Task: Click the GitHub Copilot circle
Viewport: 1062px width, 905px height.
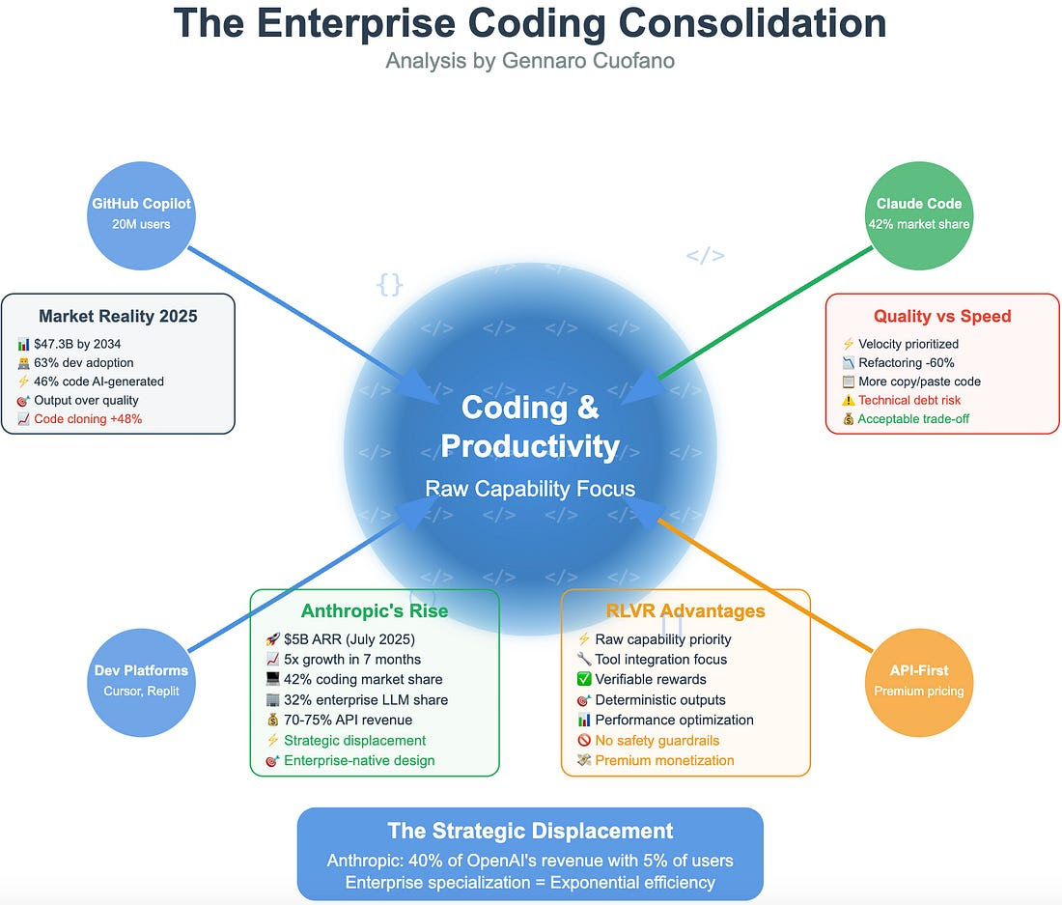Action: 141,215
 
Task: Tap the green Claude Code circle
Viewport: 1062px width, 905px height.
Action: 919,215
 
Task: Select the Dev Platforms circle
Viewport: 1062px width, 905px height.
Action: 141,682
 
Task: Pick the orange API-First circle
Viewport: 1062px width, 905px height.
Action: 919,682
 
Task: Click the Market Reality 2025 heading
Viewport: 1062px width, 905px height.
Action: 118,317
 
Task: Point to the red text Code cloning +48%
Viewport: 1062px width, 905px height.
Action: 88,419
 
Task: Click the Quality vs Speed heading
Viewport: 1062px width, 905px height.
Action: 942,317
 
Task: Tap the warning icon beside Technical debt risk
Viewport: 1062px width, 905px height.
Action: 848,400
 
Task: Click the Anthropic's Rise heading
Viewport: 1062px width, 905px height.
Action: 375,611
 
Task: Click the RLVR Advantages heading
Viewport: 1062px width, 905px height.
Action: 685,611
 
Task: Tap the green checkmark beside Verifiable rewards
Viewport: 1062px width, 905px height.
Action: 584,679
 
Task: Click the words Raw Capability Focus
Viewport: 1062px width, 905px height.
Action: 530,489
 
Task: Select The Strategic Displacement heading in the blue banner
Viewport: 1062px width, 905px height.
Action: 530,832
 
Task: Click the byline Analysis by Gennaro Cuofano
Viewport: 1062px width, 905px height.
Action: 530,61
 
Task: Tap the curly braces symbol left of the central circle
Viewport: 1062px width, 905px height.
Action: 389,285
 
